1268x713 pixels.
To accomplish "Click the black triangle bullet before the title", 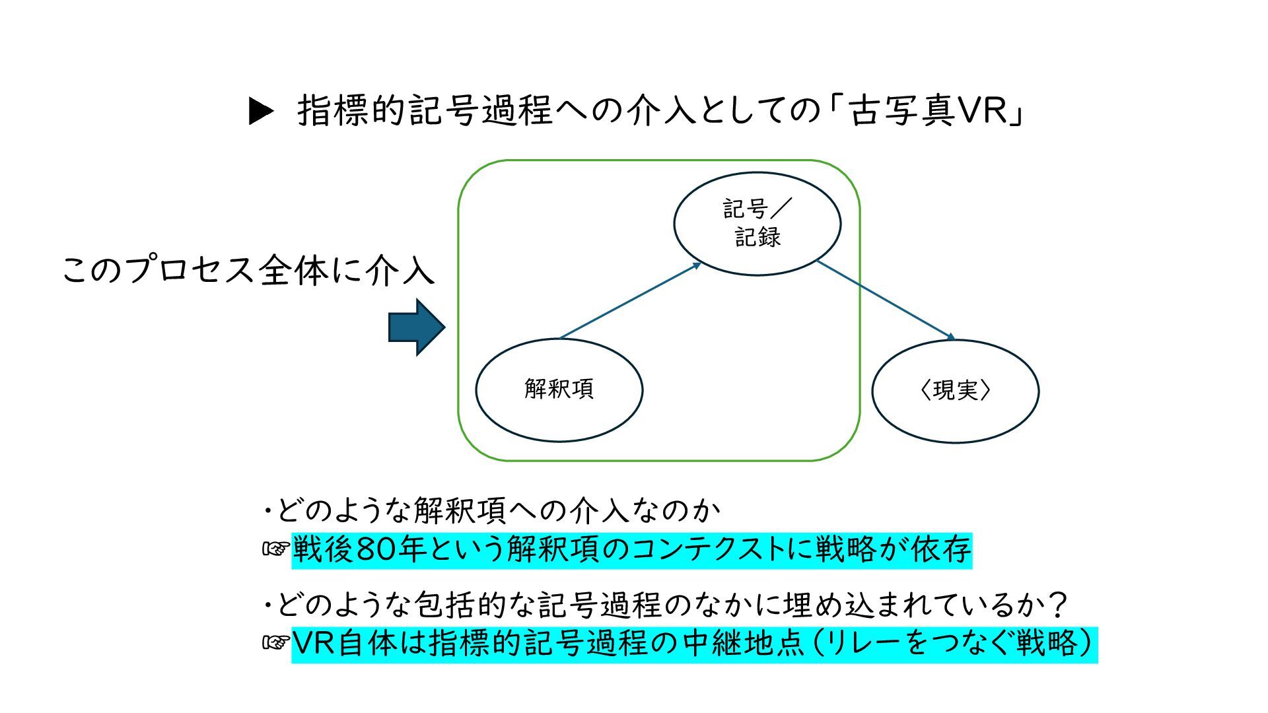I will (x=261, y=111).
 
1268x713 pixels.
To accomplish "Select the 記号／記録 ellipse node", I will (x=757, y=223).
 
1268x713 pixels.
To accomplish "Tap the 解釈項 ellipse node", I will (x=559, y=390).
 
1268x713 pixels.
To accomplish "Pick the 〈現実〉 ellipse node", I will (x=955, y=391).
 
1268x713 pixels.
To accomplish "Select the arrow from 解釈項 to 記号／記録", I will (x=630, y=300).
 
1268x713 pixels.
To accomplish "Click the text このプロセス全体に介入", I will (x=248, y=271).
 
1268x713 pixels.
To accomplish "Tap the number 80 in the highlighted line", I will (x=376, y=550).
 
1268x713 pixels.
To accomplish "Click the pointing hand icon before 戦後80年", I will (x=276, y=549).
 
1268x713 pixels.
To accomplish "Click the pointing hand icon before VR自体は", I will (x=276, y=643).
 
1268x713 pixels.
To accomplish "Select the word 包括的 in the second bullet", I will (x=461, y=604).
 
